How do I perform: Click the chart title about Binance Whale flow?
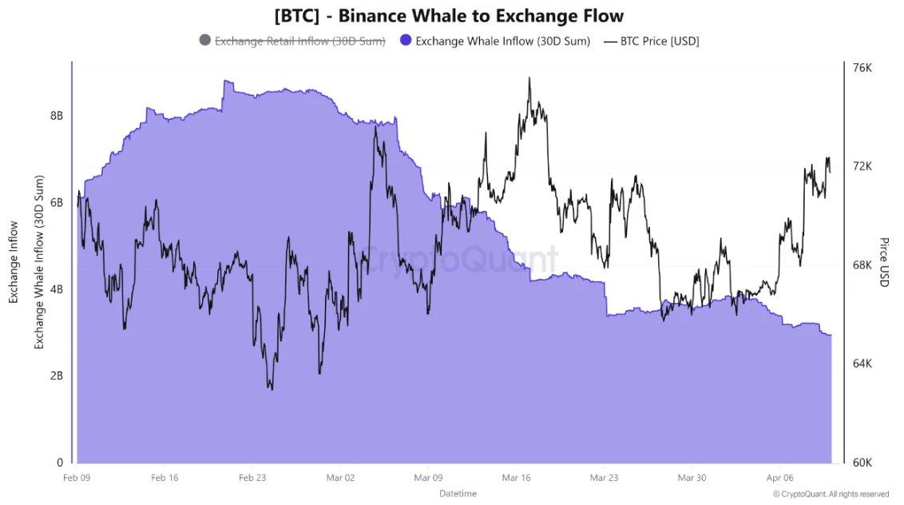(449, 15)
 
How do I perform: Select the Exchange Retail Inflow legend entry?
(292, 41)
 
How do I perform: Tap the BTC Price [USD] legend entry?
(651, 41)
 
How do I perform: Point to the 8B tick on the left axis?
(57, 115)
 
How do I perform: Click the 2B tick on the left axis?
(57, 376)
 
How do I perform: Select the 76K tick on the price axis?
(862, 68)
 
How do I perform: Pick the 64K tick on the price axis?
(862, 364)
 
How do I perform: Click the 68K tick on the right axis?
(862, 265)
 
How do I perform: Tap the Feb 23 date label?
(252, 477)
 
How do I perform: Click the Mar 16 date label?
(516, 477)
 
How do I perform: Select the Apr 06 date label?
(779, 477)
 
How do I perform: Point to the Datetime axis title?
(458, 494)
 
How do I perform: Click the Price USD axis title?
(884, 262)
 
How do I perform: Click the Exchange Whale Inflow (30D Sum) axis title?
(38, 262)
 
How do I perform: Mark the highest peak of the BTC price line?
(529, 78)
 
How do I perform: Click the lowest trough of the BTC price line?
(271, 389)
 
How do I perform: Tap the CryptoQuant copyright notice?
(831, 494)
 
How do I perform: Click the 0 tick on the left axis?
(60, 463)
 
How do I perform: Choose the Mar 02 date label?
(340, 477)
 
